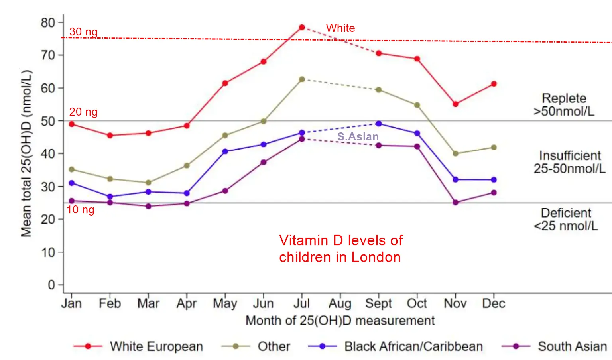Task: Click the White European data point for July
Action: tap(302, 27)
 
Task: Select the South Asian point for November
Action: tap(455, 203)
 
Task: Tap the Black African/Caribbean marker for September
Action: tap(378, 124)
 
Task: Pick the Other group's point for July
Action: tap(302, 79)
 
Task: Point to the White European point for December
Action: tap(494, 84)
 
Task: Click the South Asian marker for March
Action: tap(148, 206)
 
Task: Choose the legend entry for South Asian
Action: tap(572, 346)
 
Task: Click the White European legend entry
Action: tap(156, 346)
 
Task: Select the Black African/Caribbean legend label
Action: tap(413, 346)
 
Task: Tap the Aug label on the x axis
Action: tap(340, 304)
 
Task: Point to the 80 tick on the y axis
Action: tap(48, 22)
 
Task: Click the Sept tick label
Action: tap(378, 303)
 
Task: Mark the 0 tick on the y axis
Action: tap(51, 285)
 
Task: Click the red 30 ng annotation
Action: tap(83, 31)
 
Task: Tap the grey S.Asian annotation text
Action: tap(358, 136)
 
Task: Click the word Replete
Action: tap(564, 98)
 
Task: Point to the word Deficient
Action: tap(566, 212)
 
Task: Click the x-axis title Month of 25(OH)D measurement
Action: tap(340, 321)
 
